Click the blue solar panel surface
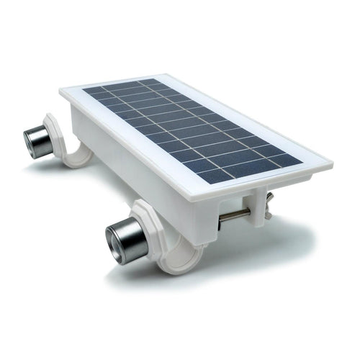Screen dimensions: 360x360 tap(194, 130)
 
